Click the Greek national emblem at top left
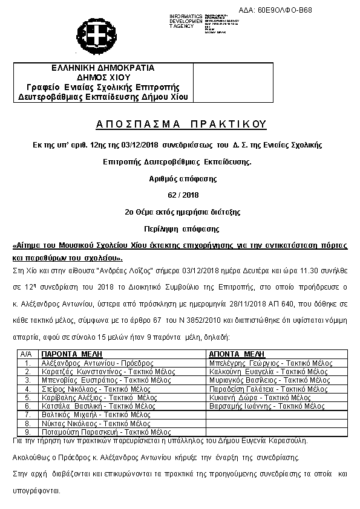[92, 32]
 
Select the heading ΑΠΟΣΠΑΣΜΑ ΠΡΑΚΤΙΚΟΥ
[181, 124]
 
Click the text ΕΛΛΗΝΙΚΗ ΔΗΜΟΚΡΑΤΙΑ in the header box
[103, 68]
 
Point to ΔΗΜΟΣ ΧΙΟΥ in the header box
[103, 77]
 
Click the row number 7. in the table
[27, 415]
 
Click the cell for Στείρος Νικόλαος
[88, 389]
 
